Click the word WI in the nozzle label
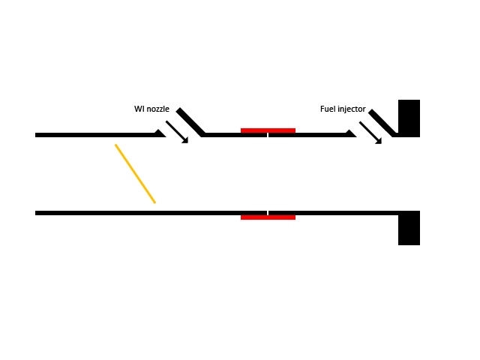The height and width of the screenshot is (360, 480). pos(139,109)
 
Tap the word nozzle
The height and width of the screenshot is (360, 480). pos(157,109)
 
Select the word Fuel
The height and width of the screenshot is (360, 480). pos(328,109)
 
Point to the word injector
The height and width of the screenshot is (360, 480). pos(352,109)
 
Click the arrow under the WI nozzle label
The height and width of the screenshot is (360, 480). pos(176,131)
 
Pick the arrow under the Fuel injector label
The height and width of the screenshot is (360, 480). pos(370,132)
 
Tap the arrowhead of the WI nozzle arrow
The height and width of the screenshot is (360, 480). pos(184,139)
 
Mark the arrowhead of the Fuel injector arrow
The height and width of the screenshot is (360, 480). pos(378,140)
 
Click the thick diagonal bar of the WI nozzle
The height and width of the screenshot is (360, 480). pos(190,122)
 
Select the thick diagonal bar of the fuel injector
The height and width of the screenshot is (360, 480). pos(382,123)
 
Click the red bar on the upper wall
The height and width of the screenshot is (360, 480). pos(268,130)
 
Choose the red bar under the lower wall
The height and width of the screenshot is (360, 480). pos(268,217)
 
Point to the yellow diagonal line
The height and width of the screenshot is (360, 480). pos(135,173)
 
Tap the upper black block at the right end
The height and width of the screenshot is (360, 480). pos(409,118)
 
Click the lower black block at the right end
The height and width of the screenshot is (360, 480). pos(409,228)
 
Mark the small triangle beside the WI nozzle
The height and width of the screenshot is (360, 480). pos(160,133)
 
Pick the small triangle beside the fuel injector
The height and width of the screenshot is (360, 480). pos(350,133)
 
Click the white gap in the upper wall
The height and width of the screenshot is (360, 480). pos(268,136)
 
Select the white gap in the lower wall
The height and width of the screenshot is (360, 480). pos(268,213)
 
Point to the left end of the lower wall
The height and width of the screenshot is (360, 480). pos(37,213)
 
